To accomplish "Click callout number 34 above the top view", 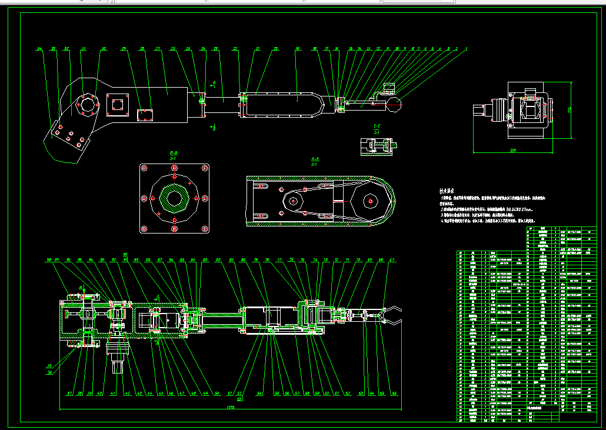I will click(x=39, y=49).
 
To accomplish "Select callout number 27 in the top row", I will click(x=158, y=49).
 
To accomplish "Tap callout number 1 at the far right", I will click(x=466, y=49).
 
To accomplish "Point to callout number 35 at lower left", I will click(x=49, y=366).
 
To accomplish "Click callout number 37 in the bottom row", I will click(x=69, y=394).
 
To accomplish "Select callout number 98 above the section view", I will click(x=49, y=259).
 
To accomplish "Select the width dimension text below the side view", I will click(x=513, y=151).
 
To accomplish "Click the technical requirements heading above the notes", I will click(x=448, y=191).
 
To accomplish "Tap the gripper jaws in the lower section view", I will click(x=392, y=315).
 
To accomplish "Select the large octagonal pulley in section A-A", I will click(x=369, y=201).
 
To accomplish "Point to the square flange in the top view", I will click(x=117, y=105).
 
